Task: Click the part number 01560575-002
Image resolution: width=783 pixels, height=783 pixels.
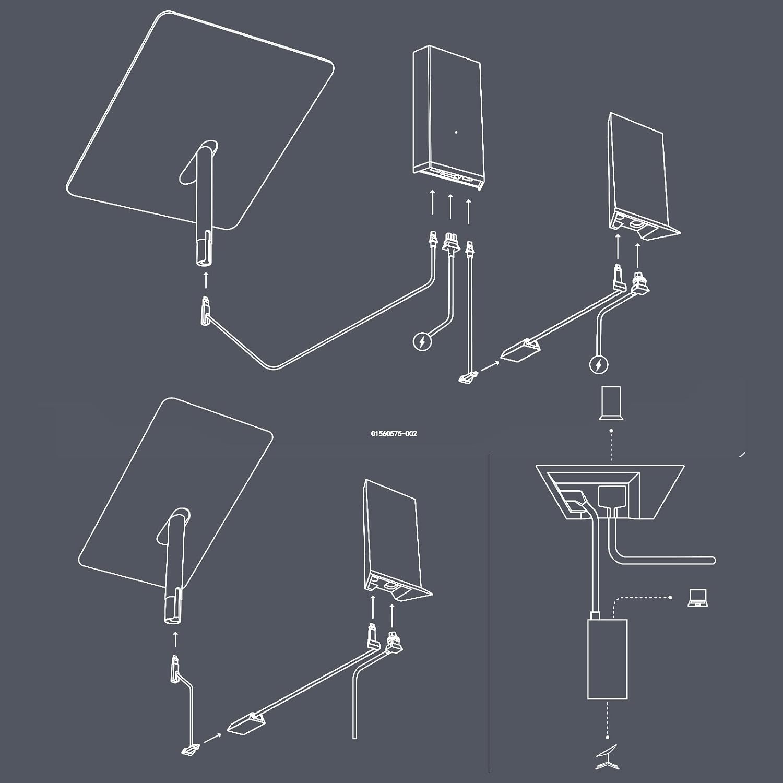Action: tap(394, 434)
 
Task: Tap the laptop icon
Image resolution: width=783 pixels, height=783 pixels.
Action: tap(698, 598)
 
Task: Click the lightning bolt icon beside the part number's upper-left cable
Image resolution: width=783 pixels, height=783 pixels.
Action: tap(421, 342)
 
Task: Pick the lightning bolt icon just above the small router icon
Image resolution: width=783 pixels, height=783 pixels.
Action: tap(599, 365)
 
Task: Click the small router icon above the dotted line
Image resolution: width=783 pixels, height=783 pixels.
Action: tap(611, 402)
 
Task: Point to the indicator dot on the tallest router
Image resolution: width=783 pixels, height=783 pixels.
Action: tap(456, 132)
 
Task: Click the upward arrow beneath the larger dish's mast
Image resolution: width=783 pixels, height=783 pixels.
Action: tap(205, 279)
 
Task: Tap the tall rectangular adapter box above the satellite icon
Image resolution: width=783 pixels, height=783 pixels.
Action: tap(607, 659)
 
